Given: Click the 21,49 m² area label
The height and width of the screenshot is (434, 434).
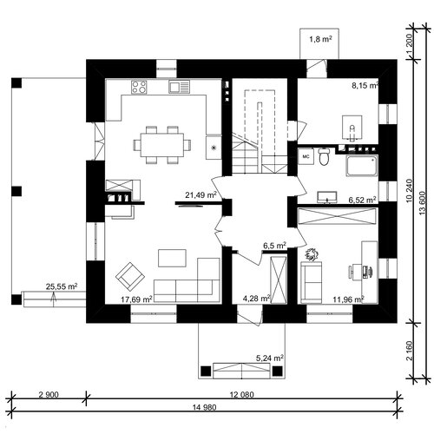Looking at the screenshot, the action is (201, 194).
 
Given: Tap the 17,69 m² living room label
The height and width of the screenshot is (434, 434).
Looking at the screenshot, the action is (136, 299).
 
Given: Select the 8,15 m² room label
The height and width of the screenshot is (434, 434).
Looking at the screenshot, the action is (365, 85).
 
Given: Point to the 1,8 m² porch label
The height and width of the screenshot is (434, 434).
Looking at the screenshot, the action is (320, 39).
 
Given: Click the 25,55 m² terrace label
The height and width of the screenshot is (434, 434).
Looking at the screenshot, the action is (62, 286).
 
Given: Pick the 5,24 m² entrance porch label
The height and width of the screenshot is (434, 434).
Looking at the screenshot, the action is (270, 358).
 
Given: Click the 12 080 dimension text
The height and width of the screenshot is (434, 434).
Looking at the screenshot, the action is (242, 394).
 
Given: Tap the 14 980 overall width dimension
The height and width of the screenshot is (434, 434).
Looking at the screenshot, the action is (205, 407).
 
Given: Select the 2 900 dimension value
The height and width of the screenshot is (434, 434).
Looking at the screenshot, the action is (49, 394).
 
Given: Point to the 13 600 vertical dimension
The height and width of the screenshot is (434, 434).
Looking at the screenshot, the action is (423, 202).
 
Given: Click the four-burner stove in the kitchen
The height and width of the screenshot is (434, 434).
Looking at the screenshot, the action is (139, 87).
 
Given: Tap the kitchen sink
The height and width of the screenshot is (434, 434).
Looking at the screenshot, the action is (180, 87).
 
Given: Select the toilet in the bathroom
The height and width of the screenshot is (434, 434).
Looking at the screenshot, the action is (324, 156).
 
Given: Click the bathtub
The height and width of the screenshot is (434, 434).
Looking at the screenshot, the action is (362, 166).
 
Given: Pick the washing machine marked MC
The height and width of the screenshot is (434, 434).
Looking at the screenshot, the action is (306, 156).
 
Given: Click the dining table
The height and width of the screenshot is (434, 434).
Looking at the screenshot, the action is (162, 145).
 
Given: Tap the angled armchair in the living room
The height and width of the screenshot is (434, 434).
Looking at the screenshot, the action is (130, 277).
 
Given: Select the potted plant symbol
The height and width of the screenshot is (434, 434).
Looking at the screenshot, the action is (312, 254).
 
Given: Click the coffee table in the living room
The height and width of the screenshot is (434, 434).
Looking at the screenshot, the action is (172, 258).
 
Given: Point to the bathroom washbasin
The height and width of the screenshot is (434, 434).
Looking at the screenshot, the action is (327, 197).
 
